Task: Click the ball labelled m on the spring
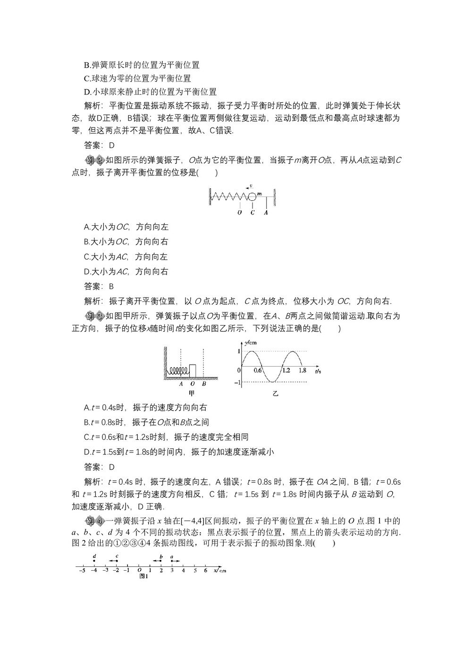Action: click(253, 196)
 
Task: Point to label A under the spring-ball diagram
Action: click(266, 213)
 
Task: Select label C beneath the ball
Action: click(253, 213)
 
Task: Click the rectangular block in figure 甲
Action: click(193, 371)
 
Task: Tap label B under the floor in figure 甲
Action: click(203, 384)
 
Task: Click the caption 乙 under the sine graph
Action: click(275, 393)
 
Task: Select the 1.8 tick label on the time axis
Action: click(303, 371)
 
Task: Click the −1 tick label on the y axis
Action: click(238, 382)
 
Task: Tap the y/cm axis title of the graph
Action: click(251, 343)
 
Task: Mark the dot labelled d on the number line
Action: click(94, 561)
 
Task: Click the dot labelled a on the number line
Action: click(172, 561)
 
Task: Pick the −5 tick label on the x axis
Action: click(82, 571)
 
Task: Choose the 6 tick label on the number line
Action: click(205, 571)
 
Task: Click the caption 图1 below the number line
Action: click(144, 576)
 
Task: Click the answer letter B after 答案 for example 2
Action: click(111, 286)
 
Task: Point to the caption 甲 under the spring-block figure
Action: click(192, 393)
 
